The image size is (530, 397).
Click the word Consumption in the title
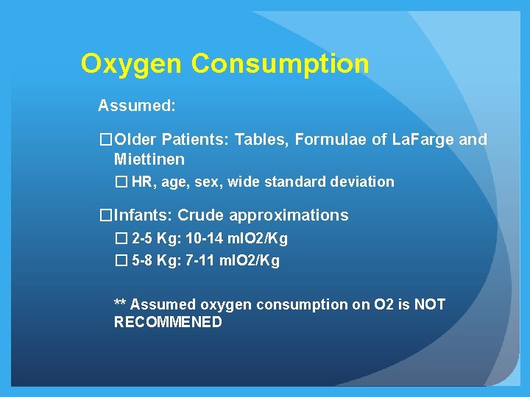[x=280, y=64]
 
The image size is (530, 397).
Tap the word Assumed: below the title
[x=137, y=106]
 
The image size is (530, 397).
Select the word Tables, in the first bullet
[x=262, y=140]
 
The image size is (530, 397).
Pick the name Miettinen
[x=149, y=159]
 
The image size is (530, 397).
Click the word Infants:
[x=144, y=215]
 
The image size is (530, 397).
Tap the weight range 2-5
[x=142, y=238]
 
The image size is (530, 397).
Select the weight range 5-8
[x=142, y=260]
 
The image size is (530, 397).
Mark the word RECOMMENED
[x=168, y=322]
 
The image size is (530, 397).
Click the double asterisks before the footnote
[x=120, y=304]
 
